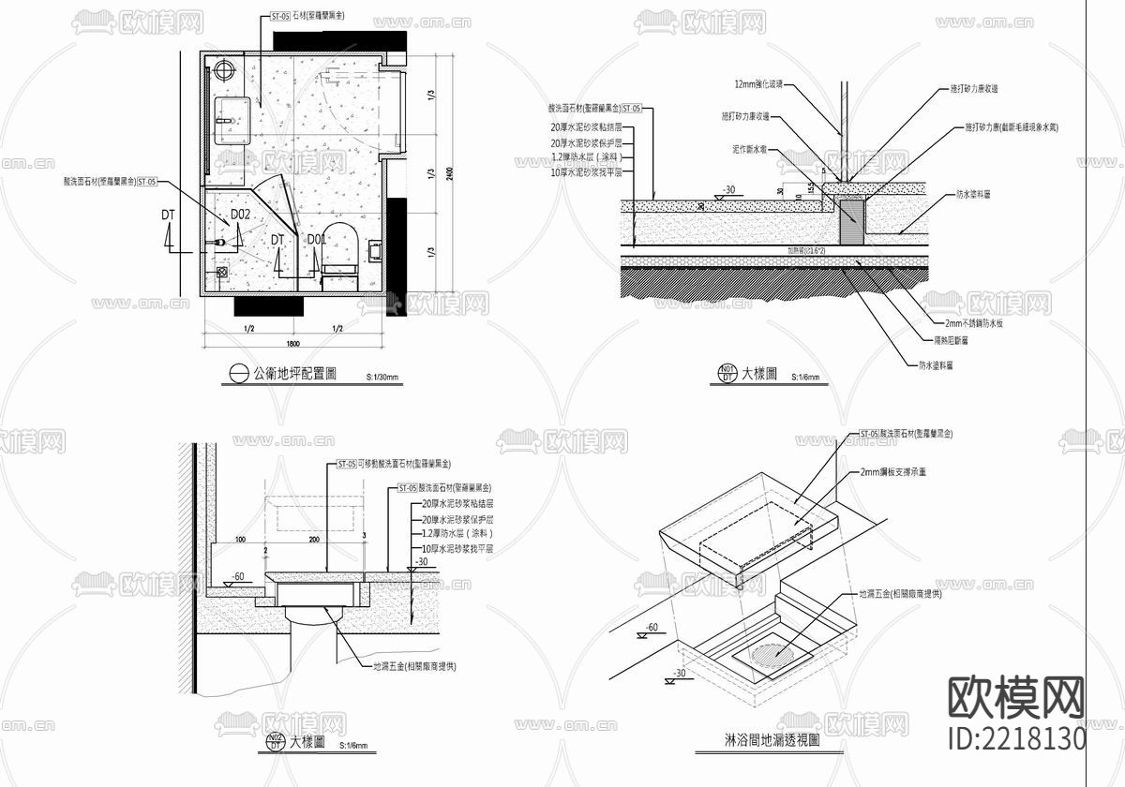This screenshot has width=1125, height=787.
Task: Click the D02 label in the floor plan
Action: point(240,215)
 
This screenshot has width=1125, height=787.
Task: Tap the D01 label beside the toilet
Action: point(316,241)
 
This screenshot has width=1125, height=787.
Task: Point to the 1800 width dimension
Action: point(292,344)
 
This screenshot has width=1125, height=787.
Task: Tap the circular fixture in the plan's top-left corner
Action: point(224,69)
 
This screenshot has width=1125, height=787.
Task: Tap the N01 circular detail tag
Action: point(727,374)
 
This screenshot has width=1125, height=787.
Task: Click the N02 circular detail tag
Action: point(275,743)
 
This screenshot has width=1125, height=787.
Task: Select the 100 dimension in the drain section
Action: point(240,541)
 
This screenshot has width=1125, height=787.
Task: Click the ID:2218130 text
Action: point(1017,737)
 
